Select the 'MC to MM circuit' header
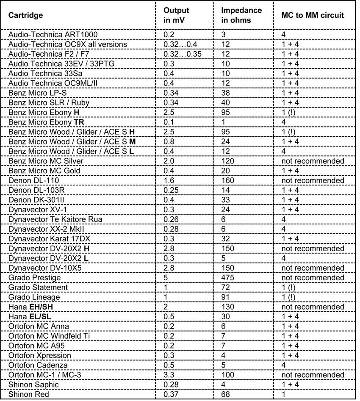[x=312, y=15]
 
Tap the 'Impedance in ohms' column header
[x=241, y=15]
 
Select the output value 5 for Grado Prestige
[x=167, y=278]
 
